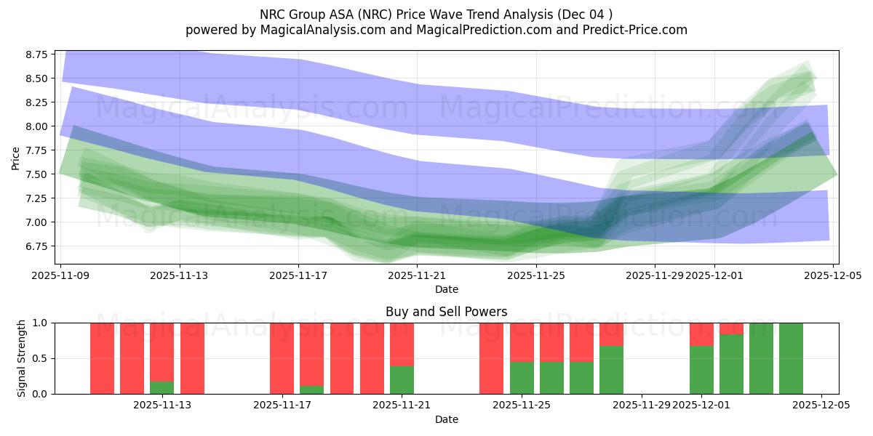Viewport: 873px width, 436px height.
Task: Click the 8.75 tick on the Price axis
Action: (x=37, y=54)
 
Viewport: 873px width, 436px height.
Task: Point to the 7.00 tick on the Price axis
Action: (x=37, y=222)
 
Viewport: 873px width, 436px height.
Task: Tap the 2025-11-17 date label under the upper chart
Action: (x=298, y=275)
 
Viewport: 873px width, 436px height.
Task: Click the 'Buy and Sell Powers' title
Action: (x=446, y=312)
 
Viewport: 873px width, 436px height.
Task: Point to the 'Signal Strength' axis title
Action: (x=22, y=358)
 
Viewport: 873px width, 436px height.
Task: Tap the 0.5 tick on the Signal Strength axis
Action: (x=40, y=358)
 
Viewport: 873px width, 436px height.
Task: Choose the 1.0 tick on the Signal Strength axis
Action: (x=40, y=323)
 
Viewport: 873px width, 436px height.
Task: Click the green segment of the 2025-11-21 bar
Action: (x=402, y=379)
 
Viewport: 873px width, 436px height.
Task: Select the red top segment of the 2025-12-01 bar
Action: (x=701, y=334)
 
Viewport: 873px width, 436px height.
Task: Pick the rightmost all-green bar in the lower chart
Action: (x=791, y=358)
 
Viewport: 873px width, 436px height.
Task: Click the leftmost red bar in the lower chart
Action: (x=102, y=358)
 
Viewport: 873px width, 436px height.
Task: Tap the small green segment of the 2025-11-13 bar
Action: (x=162, y=387)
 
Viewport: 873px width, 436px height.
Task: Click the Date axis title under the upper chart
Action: (x=446, y=289)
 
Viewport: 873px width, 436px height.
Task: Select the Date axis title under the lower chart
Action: (x=446, y=419)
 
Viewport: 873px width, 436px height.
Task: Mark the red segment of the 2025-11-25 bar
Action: (x=522, y=342)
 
